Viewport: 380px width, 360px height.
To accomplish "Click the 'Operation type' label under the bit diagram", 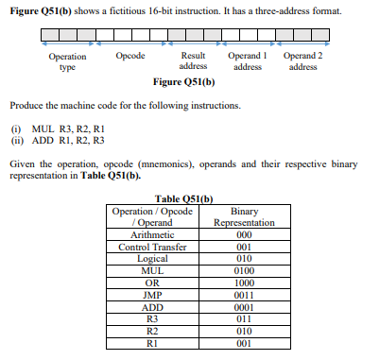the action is click(x=67, y=61).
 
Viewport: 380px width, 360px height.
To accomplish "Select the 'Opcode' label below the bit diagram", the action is click(x=130, y=57).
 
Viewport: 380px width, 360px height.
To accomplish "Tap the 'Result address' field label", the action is click(x=194, y=61).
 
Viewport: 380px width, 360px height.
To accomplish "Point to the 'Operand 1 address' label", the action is click(x=248, y=61).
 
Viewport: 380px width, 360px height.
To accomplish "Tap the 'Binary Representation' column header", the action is click(x=244, y=217).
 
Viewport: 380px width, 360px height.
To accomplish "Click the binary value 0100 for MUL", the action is click(x=244, y=269).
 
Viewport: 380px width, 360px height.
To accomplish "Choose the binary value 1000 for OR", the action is click(x=244, y=282).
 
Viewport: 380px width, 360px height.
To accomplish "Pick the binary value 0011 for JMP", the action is click(x=244, y=293).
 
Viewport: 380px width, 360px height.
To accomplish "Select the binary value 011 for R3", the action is click(x=244, y=317).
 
